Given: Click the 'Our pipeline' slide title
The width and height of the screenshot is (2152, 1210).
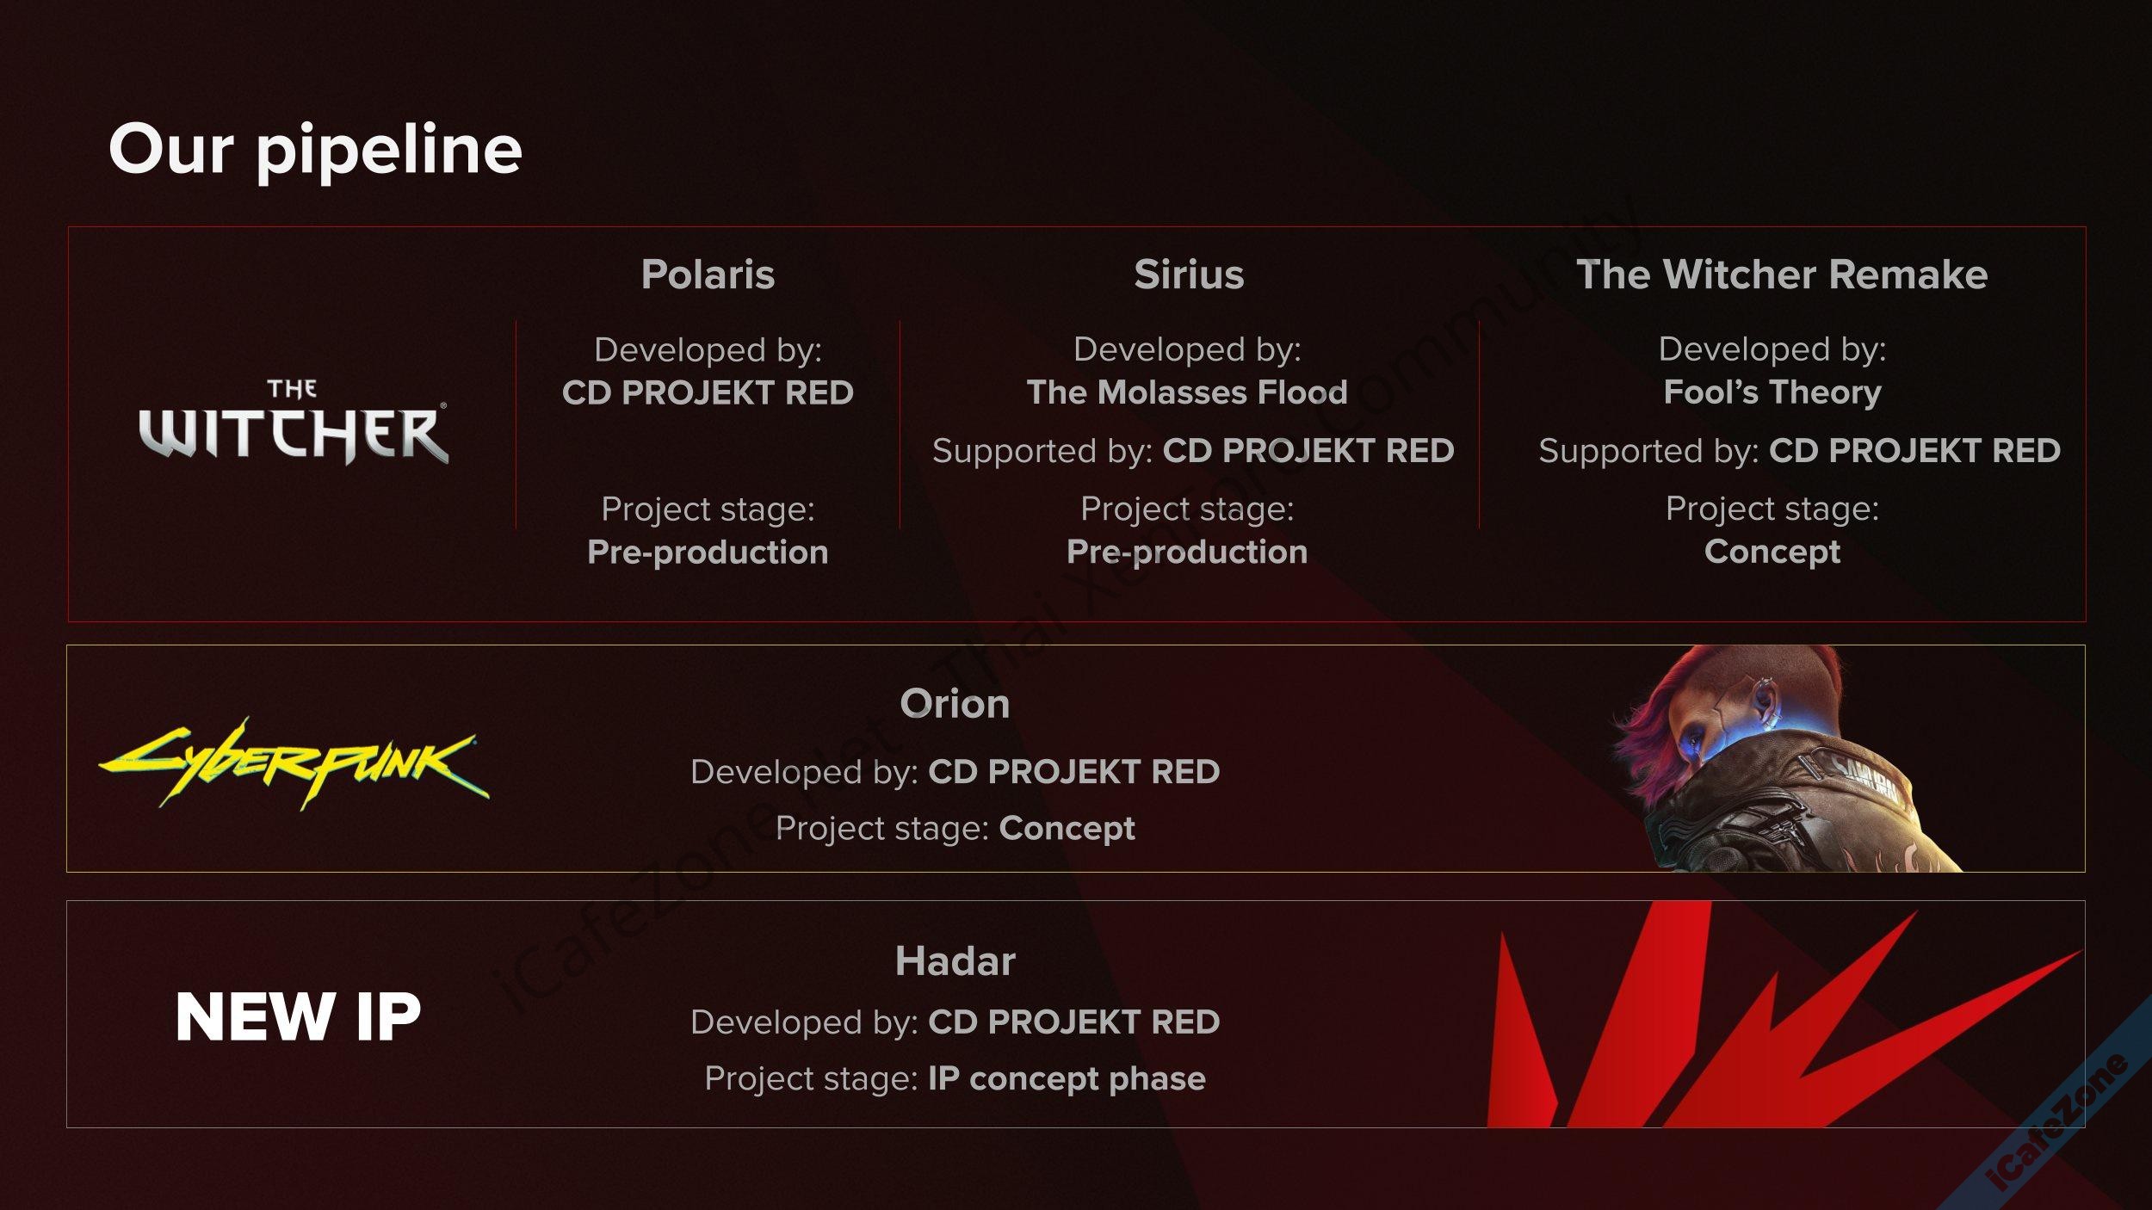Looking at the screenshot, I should [x=315, y=150].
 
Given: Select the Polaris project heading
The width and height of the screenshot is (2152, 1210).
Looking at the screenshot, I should [x=708, y=275].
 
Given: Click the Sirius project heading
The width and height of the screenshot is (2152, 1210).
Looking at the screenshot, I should [x=1188, y=275].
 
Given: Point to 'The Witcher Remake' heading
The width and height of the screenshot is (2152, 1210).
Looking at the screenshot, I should [x=1781, y=275].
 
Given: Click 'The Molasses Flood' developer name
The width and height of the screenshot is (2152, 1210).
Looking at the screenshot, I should [x=1187, y=392].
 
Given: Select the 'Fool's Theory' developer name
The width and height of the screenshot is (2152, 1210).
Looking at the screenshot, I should [x=1772, y=392].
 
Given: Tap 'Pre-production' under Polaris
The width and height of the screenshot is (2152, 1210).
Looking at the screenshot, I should [x=708, y=552].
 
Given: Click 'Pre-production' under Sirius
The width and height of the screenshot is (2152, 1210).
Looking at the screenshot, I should [x=1187, y=552].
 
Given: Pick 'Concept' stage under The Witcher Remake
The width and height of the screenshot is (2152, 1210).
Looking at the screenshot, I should [x=1772, y=552].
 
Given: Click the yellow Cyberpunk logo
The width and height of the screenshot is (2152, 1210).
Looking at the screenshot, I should [x=294, y=764].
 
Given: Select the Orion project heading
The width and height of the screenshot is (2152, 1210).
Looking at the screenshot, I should [x=955, y=704].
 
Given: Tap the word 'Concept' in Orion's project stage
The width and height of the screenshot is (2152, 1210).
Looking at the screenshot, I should [x=1067, y=828].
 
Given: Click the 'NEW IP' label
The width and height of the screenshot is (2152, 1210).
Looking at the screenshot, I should [x=298, y=1017].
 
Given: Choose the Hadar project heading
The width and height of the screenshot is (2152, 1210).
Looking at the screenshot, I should [x=955, y=961].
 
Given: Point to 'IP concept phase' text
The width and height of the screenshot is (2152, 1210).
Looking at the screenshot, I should [x=1067, y=1078].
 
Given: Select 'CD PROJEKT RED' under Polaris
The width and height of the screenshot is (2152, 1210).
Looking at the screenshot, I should [x=708, y=392].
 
